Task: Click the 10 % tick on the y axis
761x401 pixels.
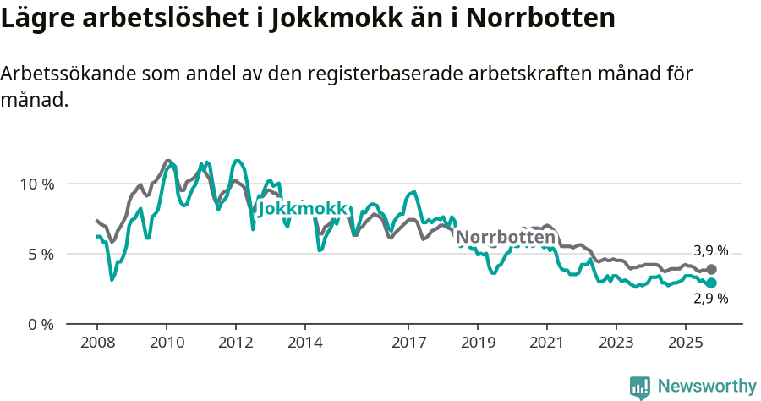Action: [37, 184]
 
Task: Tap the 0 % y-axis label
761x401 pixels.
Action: [41, 324]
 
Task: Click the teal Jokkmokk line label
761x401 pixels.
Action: [303, 209]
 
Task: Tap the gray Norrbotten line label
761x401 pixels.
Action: [506, 238]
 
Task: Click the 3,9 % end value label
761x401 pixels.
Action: [710, 251]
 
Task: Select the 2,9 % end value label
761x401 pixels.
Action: [710, 299]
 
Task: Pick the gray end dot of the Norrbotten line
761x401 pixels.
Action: [712, 269]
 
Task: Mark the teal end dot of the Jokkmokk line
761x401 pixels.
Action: [712, 283]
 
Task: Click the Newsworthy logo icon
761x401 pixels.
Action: [640, 387]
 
